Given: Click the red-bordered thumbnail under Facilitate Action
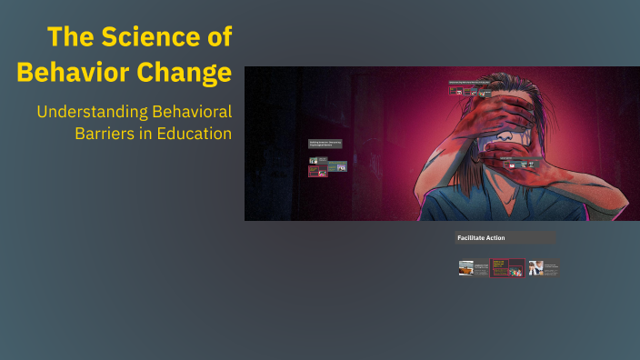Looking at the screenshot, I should coord(507,267).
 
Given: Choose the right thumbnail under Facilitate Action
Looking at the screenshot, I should coord(543,267).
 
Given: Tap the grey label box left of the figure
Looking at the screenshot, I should coord(325,144).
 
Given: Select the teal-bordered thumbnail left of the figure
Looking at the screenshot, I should coord(336,166).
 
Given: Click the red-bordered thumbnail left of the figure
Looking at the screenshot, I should coord(317,170).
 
